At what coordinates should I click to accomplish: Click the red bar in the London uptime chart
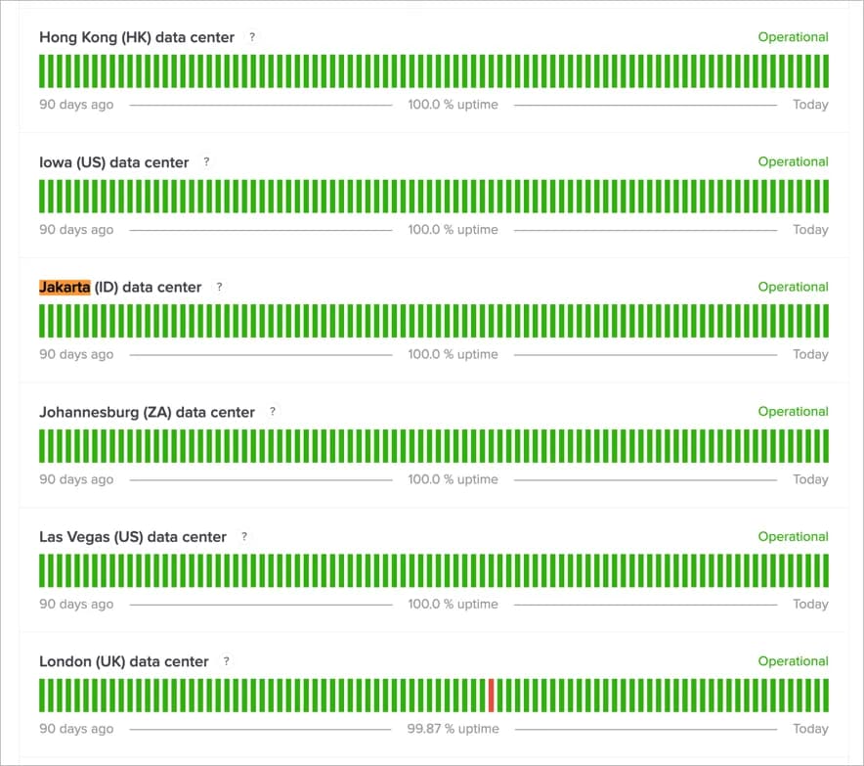click(x=492, y=696)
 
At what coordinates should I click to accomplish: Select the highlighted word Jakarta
click(x=65, y=287)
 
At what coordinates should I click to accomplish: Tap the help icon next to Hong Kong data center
click(x=252, y=37)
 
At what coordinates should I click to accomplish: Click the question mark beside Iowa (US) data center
click(x=206, y=161)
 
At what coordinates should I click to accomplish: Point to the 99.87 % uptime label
click(x=453, y=729)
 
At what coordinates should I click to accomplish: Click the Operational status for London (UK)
click(x=793, y=661)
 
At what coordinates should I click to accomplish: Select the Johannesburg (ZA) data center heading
click(x=147, y=412)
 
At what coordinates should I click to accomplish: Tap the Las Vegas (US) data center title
click(x=133, y=537)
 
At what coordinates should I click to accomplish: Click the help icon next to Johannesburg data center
click(x=273, y=412)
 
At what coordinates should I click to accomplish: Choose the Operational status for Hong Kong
click(x=793, y=37)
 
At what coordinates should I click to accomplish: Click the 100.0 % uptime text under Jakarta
click(x=453, y=354)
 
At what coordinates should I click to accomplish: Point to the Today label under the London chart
click(x=810, y=729)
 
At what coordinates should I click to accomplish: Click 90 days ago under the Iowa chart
click(x=76, y=230)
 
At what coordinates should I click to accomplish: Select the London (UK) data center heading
click(x=124, y=662)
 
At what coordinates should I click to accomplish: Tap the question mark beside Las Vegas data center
click(x=244, y=536)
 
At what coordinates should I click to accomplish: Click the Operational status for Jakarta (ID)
click(x=793, y=287)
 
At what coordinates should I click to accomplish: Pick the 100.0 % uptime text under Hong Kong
click(x=453, y=105)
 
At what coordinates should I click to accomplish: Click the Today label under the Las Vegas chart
click(x=810, y=605)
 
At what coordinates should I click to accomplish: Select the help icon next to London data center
click(x=227, y=661)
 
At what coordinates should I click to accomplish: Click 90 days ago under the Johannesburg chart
click(x=76, y=479)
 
